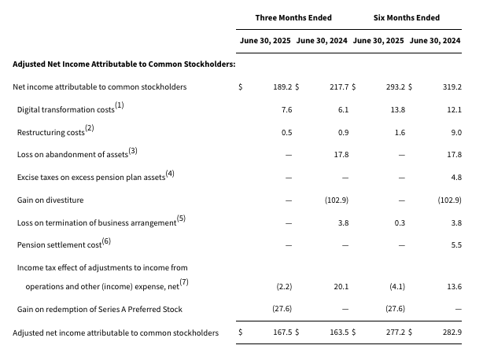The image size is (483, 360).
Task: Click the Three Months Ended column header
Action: [293, 18]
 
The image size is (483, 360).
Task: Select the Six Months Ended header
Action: [406, 18]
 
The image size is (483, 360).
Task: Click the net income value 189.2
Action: [282, 87]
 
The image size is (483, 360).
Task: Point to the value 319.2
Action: [452, 87]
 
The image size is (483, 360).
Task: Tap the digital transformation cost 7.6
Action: [287, 110]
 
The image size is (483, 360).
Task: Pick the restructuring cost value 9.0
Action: [456, 133]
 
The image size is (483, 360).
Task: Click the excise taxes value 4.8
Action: [456, 178]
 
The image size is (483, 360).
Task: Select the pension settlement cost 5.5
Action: [456, 245]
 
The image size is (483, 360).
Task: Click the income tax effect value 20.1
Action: [341, 287]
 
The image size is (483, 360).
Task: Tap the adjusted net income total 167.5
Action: [282, 332]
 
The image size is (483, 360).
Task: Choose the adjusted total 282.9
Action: [452, 332]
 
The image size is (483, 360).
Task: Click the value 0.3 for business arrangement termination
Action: [400, 223]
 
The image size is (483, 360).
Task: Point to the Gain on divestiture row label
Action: [50, 200]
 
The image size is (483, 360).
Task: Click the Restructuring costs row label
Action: [51, 133]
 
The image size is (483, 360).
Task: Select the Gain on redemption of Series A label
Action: [99, 309]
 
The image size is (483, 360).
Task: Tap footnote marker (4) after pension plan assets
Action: [170, 174]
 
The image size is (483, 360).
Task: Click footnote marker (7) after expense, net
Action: [184, 282]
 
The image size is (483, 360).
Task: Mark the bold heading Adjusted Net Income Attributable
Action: [124, 64]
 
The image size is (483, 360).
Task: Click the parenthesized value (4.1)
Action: [397, 287]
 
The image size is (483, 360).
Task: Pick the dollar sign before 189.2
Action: [240, 87]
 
